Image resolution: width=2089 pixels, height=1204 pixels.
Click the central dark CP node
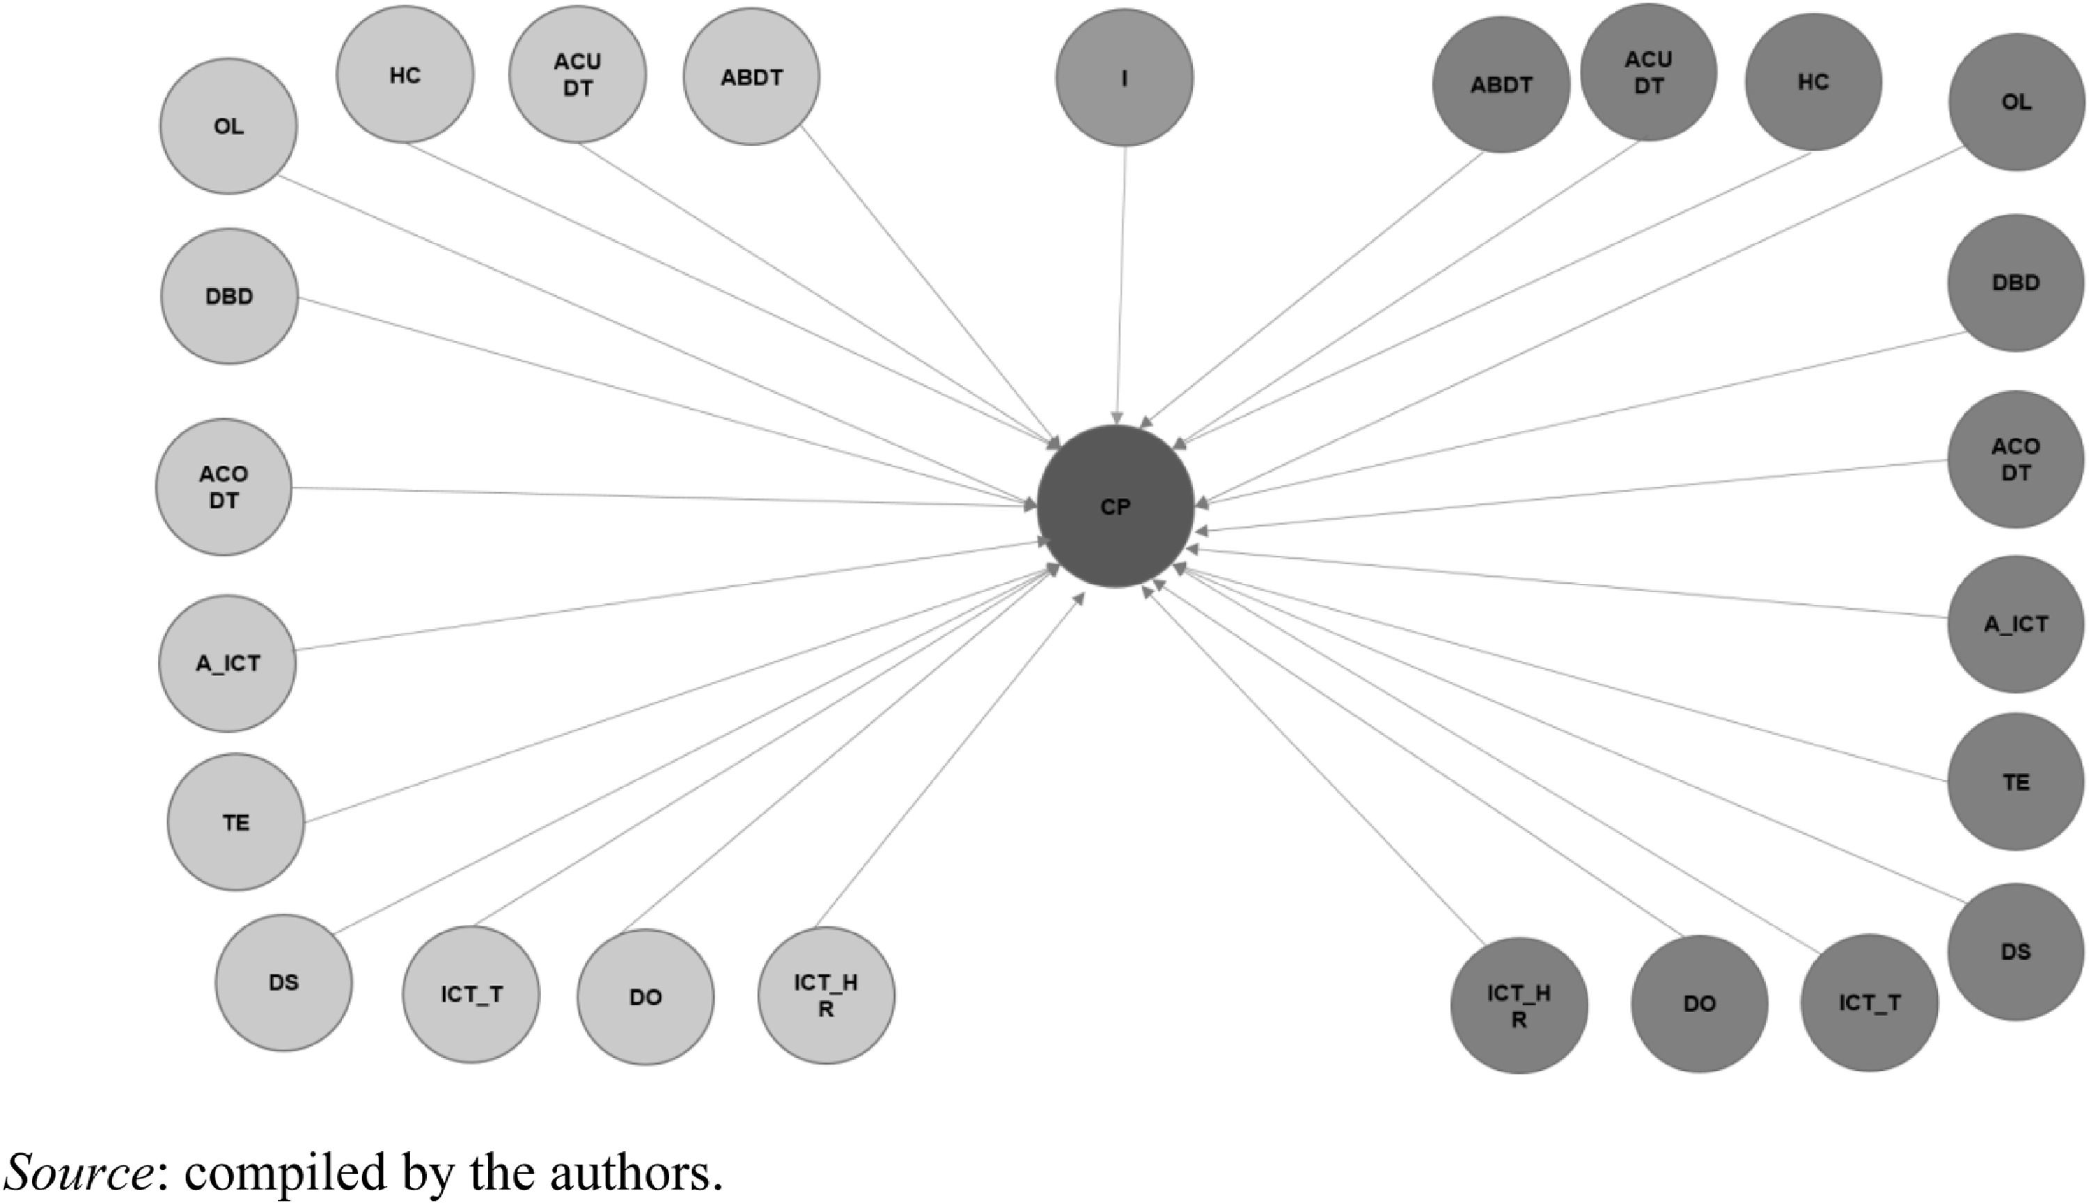tap(1116, 506)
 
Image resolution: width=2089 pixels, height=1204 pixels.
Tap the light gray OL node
tap(228, 127)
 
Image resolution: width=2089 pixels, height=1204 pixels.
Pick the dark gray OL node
tap(2016, 102)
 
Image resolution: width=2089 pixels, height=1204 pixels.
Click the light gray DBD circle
tap(229, 296)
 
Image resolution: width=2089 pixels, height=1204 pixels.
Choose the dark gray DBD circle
tap(2016, 283)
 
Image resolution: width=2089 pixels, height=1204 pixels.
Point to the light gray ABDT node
tap(751, 77)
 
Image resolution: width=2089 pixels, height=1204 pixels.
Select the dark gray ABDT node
tap(1501, 84)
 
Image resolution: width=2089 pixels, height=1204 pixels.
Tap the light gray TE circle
tap(236, 822)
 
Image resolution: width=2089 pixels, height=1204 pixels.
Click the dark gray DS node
tap(2016, 951)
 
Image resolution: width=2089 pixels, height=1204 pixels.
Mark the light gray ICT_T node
tap(471, 994)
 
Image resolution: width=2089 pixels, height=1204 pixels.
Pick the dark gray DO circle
tap(1699, 1004)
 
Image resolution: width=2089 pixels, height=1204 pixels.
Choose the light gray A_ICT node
tap(228, 663)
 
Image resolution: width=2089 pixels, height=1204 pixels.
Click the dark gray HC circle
tap(1813, 82)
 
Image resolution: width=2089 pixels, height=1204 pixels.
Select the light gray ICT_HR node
tap(826, 995)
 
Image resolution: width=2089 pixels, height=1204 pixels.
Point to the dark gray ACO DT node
tap(2016, 459)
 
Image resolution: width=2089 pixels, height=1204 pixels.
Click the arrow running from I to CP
tap(1121, 281)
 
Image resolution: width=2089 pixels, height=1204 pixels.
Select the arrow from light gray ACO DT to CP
tap(662, 496)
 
